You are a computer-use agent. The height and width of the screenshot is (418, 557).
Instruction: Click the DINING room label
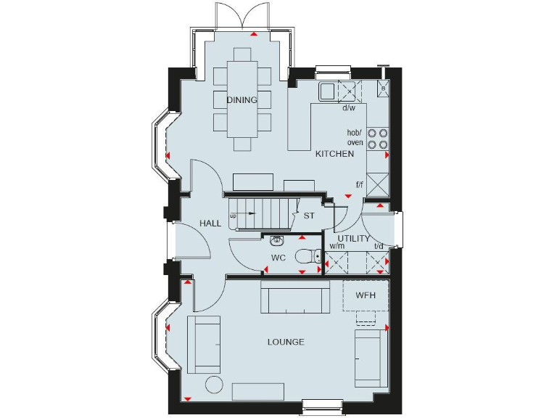pyautogui.click(x=242, y=100)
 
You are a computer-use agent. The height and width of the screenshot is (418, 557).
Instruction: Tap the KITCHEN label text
pyautogui.click(x=334, y=154)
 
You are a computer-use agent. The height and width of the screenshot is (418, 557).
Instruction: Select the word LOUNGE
pyautogui.click(x=285, y=342)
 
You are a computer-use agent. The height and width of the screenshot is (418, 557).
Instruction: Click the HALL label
pyautogui.click(x=210, y=224)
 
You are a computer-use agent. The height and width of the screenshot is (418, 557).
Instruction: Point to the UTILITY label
pyautogui.click(x=353, y=238)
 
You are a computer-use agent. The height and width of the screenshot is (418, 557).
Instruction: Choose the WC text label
pyautogui.click(x=278, y=258)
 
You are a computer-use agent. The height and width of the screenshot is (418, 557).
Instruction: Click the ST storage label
pyautogui.click(x=309, y=216)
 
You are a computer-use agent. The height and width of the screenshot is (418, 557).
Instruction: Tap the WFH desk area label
pyautogui.click(x=366, y=296)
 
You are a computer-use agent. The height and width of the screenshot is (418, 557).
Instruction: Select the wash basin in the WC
pyautogui.click(x=276, y=240)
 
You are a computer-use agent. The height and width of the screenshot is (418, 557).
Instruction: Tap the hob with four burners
pyautogui.click(x=377, y=139)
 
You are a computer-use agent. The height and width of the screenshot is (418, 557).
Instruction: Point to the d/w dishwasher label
pyautogui.click(x=348, y=108)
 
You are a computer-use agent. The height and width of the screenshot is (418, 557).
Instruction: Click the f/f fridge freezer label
pyautogui.click(x=359, y=185)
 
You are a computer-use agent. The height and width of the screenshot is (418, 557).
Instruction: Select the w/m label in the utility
pyautogui.click(x=337, y=246)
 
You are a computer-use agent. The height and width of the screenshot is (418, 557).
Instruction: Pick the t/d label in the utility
pyautogui.click(x=378, y=246)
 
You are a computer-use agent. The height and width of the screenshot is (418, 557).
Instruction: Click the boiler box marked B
pyautogui.click(x=383, y=89)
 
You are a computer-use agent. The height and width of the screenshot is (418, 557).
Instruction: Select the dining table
pyautogui.click(x=242, y=100)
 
